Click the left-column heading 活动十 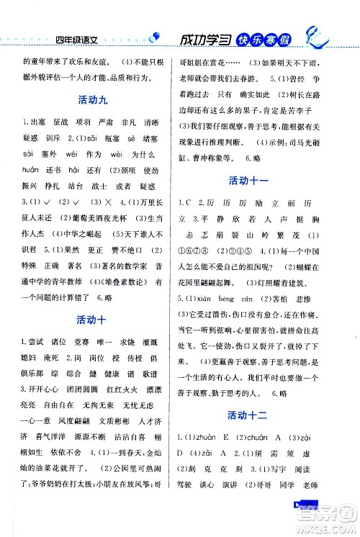[x=90, y=319]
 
